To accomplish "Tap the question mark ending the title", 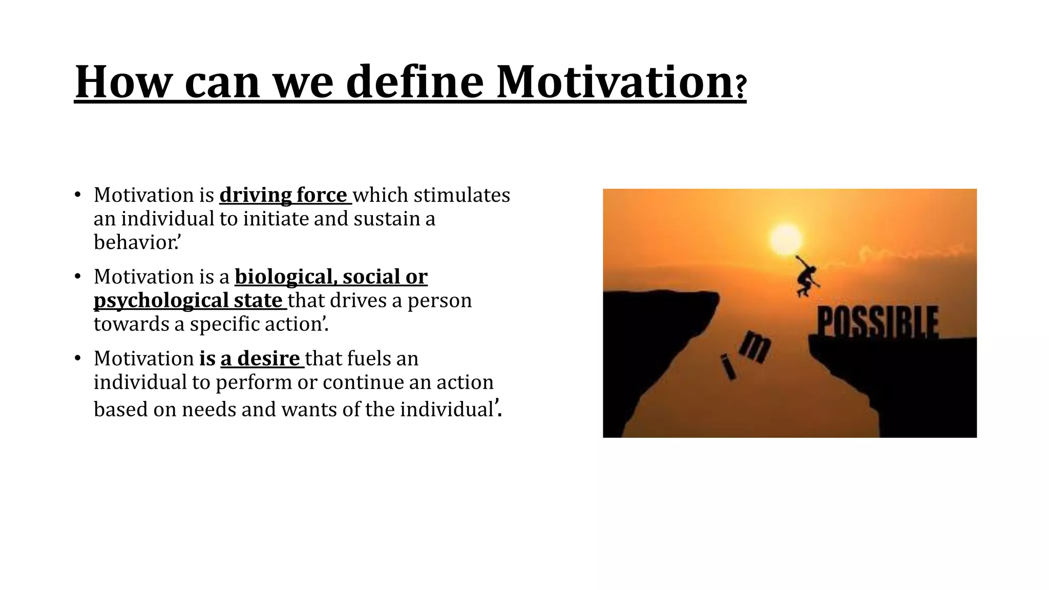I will pyautogui.click(x=741, y=87).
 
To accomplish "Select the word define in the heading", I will pyautogui.click(x=414, y=82).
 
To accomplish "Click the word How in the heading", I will pyautogui.click(x=121, y=82).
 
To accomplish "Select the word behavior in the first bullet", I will pyautogui.click(x=134, y=242).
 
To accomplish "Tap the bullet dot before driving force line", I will pyautogui.click(x=78, y=195).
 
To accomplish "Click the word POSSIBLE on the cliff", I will pyautogui.click(x=877, y=322).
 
